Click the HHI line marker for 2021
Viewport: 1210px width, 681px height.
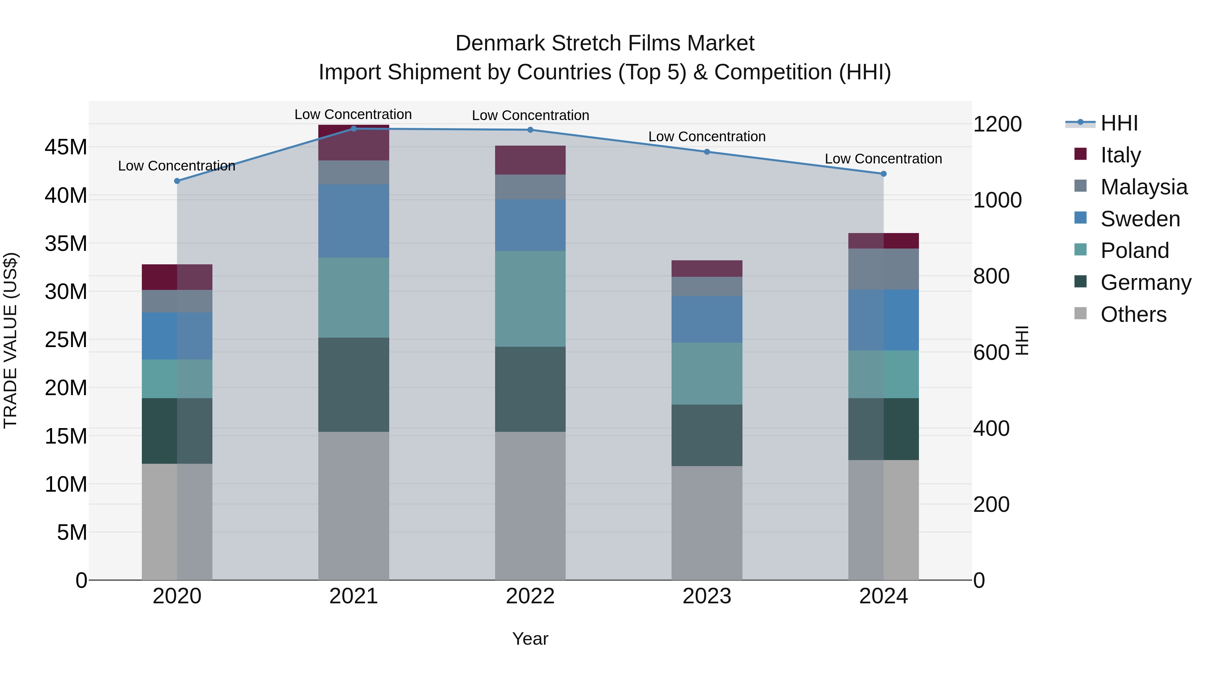(x=354, y=128)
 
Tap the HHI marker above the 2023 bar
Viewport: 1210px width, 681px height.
(x=707, y=152)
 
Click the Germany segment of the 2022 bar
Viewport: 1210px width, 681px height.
(x=530, y=389)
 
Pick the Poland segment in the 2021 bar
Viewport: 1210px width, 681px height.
(x=354, y=298)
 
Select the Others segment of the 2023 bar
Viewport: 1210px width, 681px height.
(x=707, y=523)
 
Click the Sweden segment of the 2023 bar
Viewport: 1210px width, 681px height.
(x=707, y=319)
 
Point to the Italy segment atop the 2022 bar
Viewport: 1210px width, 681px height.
(x=530, y=160)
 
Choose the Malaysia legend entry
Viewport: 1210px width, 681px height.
(x=1143, y=187)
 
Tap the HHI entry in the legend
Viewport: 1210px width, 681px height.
(x=1119, y=123)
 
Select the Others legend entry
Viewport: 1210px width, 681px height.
(x=1133, y=314)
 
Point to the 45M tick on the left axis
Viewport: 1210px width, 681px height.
(x=66, y=147)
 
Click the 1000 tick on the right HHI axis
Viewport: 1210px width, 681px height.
(x=997, y=200)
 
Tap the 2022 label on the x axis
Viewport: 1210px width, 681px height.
(x=530, y=596)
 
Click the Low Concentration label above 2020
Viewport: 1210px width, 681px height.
(x=176, y=166)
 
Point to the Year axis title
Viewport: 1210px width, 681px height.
(x=530, y=639)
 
